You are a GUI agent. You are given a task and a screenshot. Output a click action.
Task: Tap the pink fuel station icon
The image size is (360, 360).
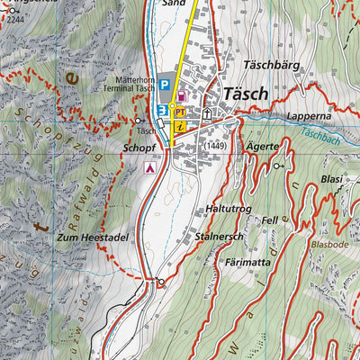[183, 95]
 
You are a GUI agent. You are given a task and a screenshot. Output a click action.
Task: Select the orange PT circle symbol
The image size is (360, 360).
[180, 111]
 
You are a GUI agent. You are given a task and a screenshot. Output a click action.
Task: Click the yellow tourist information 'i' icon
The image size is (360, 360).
[180, 127]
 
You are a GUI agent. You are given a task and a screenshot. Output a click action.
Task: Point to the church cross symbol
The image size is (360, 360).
[207, 114]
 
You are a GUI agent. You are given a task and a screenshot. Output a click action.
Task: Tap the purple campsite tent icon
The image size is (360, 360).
[151, 166]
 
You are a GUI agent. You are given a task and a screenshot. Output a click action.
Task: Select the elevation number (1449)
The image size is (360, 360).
[216, 146]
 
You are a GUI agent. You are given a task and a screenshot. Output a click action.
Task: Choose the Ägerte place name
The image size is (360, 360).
[260, 145]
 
